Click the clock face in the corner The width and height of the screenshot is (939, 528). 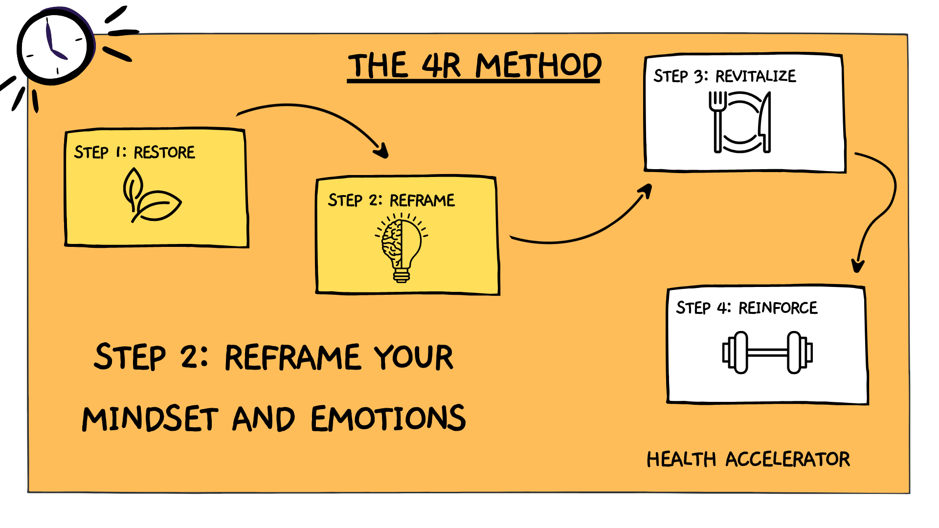click(x=55, y=47)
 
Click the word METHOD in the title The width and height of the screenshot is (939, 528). click(x=538, y=66)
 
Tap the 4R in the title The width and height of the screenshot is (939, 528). click(x=441, y=66)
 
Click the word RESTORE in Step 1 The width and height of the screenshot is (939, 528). click(x=164, y=153)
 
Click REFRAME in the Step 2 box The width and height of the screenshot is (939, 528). click(x=422, y=200)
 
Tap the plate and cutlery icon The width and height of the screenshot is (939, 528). click(x=739, y=122)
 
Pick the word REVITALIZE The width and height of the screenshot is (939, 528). click(x=756, y=76)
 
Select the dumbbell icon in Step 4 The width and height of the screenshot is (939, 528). click(x=767, y=352)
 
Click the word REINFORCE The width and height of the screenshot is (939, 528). click(x=778, y=308)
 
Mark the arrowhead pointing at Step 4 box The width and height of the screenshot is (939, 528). click(x=858, y=265)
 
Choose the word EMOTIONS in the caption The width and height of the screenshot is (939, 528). click(x=388, y=419)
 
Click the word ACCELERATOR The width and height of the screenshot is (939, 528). click(x=787, y=460)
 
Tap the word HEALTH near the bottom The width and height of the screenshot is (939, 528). click(x=681, y=460)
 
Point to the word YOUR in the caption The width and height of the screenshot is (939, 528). click(x=413, y=357)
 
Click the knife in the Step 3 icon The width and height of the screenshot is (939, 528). click(x=764, y=122)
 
